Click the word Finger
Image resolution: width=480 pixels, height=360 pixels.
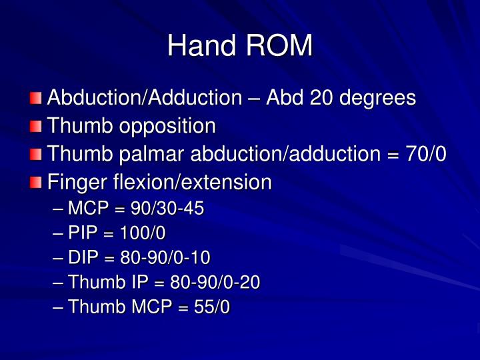click(73, 182)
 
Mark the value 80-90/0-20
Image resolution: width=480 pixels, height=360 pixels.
click(215, 283)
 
